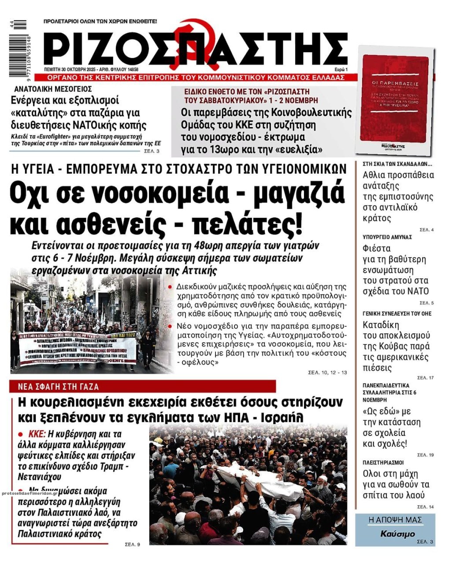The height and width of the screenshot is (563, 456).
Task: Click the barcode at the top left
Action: pos(20,48)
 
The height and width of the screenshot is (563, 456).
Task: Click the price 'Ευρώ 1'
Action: pos(341,69)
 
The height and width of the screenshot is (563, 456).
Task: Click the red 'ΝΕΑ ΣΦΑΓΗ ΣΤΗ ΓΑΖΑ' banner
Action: pos(143,387)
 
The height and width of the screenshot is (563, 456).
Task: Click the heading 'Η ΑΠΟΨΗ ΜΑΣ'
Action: pos(395,520)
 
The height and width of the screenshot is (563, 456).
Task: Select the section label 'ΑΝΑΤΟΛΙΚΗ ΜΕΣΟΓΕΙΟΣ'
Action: pos(50,88)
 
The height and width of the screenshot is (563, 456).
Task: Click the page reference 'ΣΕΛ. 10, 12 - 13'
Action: pos(327,373)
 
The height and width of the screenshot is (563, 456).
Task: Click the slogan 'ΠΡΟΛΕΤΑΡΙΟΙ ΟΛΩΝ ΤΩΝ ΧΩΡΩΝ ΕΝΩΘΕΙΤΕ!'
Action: pos(100,21)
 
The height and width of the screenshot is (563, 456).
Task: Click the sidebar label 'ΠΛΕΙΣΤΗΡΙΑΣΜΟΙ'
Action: pos(383,463)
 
